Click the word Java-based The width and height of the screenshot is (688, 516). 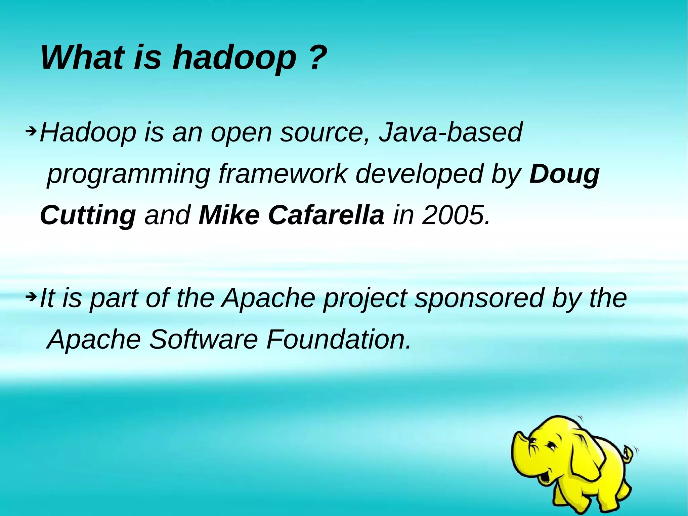(450, 132)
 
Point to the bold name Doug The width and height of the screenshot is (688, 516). (564, 174)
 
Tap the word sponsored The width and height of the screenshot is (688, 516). (479, 299)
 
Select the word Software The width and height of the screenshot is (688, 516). (203, 340)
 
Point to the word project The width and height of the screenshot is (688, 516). (364, 299)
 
